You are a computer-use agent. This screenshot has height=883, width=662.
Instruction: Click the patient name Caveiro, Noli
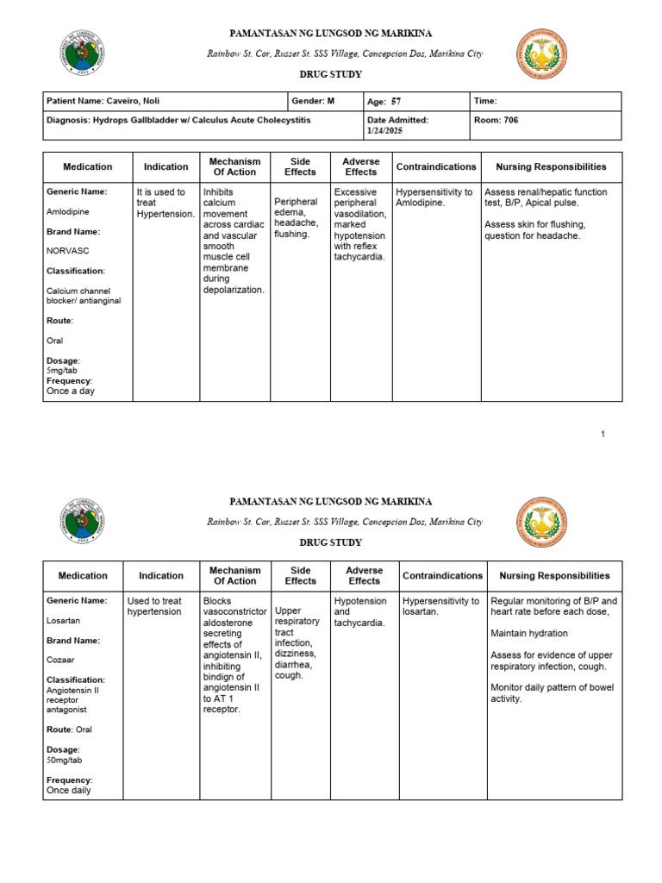pos(134,101)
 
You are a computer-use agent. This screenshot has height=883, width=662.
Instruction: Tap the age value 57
pos(397,102)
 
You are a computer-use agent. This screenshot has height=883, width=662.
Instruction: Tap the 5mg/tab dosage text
pos(62,371)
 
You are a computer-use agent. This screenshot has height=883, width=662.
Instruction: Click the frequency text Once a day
pos(71,391)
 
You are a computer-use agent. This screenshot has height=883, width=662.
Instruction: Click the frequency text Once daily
pos(68,790)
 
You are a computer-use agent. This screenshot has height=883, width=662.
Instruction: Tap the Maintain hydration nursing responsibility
pos(531,634)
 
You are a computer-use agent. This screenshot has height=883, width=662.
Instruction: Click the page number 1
pos(603,434)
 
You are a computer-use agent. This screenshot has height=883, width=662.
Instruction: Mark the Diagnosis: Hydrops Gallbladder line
pos(178,121)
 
